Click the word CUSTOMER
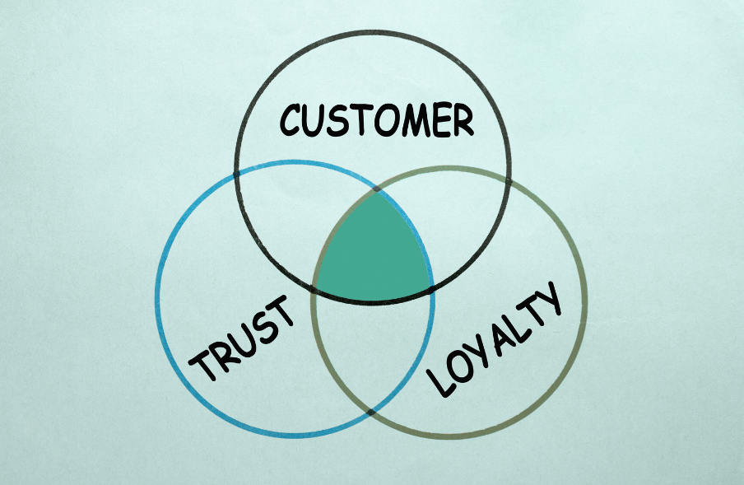click(x=376, y=119)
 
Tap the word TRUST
click(x=241, y=338)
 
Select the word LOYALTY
click(x=495, y=338)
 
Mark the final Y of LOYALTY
click(x=546, y=298)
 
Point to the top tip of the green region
click(x=376, y=191)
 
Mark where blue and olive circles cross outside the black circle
click(x=370, y=412)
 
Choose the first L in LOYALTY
click(x=439, y=383)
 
